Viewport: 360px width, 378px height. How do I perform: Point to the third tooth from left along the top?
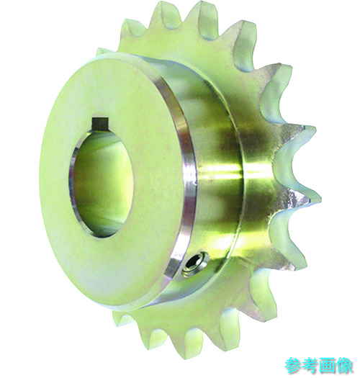point(204,13)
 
